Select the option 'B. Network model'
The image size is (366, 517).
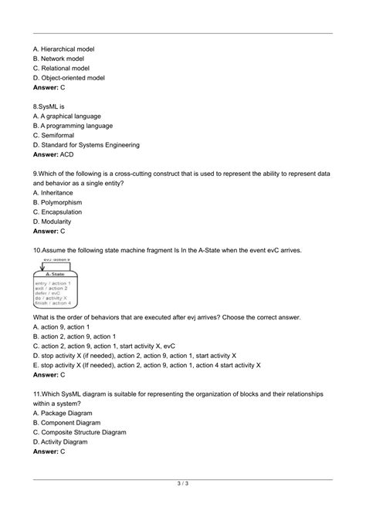click(x=59, y=59)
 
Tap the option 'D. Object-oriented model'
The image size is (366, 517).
click(x=69, y=79)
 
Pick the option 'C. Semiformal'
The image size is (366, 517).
click(x=55, y=134)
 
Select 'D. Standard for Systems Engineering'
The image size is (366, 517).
click(x=86, y=144)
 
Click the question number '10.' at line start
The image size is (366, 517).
click(x=37, y=250)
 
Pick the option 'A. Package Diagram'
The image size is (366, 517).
click(x=63, y=414)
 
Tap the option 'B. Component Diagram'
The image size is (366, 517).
click(x=67, y=423)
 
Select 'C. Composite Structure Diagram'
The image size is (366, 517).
click(x=80, y=433)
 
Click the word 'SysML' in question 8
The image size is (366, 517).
click(x=50, y=106)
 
